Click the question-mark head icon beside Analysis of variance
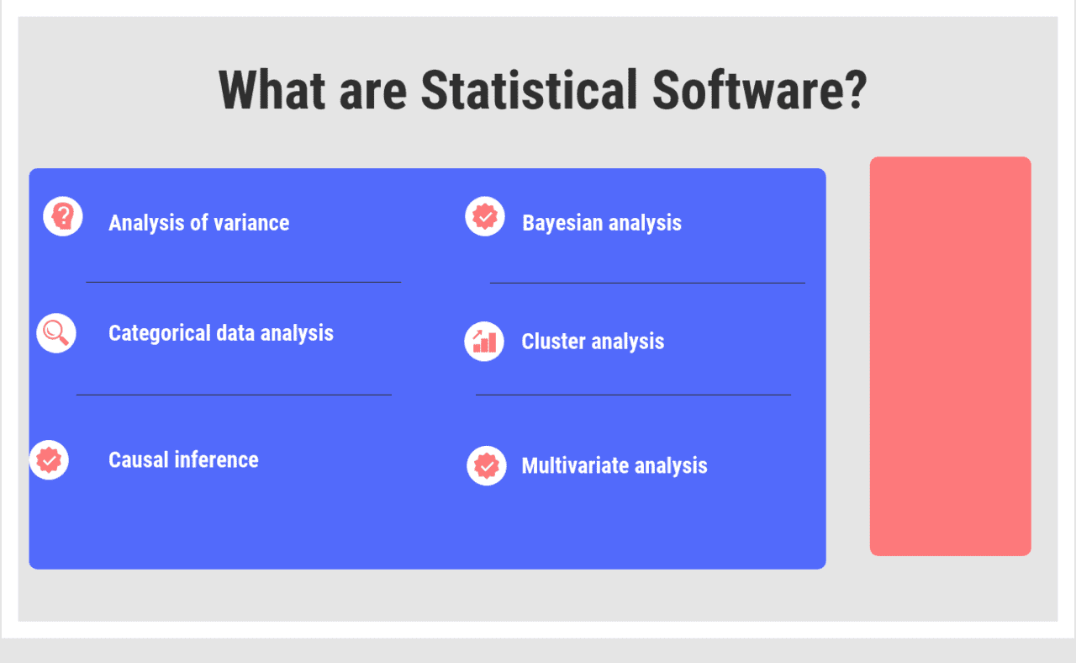tap(63, 217)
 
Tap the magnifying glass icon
tap(56, 333)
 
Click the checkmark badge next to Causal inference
tap(49, 460)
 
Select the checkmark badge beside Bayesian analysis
tap(485, 216)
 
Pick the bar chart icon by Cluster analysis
tap(484, 342)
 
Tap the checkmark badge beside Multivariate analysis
tap(487, 465)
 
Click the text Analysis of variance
tap(199, 223)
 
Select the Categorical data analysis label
tap(221, 333)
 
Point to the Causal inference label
tap(183, 460)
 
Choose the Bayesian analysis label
tap(602, 223)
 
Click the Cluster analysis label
tap(593, 342)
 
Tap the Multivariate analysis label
tap(614, 466)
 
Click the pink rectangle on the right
tap(950, 356)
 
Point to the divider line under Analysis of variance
tap(243, 282)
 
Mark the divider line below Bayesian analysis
tap(647, 283)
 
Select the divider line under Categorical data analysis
tap(234, 394)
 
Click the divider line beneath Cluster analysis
tap(633, 394)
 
